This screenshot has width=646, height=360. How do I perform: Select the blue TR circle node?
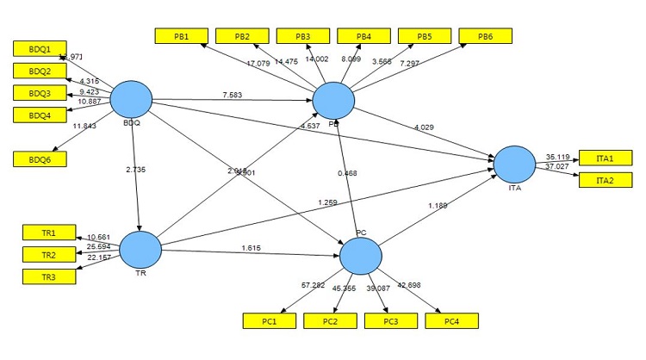(140, 251)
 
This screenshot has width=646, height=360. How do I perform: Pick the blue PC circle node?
(361, 256)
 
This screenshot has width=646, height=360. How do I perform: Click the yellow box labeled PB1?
(182, 36)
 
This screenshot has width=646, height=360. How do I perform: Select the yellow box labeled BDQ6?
(40, 158)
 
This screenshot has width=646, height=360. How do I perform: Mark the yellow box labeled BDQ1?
(40, 49)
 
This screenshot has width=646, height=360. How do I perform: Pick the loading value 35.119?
(560, 158)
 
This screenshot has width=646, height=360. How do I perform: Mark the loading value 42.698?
(407, 285)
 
